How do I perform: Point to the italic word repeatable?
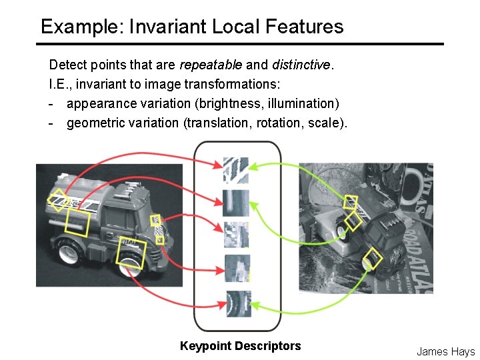(x=211, y=65)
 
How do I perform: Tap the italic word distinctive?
(x=301, y=65)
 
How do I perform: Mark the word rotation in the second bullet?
(x=279, y=123)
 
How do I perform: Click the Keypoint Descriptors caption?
(x=240, y=346)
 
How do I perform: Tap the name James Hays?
(x=445, y=351)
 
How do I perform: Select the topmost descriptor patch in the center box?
(x=236, y=171)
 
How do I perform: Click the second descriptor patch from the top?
(x=236, y=203)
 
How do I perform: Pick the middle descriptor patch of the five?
(x=236, y=234)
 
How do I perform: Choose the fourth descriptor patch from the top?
(x=237, y=267)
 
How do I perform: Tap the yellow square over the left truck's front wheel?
(x=131, y=254)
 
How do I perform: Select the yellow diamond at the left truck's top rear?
(x=58, y=199)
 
